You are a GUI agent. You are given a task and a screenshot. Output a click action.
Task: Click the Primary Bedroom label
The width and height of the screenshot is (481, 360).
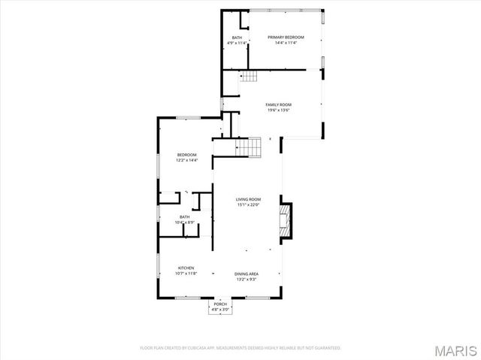pos(286,37)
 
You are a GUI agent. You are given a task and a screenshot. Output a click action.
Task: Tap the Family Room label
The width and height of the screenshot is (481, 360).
pos(279,104)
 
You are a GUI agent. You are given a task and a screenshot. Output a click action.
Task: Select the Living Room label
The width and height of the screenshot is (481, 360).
pos(247,199)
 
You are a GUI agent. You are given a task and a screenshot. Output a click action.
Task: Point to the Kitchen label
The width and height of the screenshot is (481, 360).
pos(186,268)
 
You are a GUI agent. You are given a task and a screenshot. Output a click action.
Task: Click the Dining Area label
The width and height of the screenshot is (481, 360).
pos(247,274)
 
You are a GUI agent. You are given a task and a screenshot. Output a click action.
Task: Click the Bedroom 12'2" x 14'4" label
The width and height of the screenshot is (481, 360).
pos(186,155)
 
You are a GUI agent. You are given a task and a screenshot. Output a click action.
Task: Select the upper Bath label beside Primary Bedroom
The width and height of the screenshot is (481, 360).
pos(237,38)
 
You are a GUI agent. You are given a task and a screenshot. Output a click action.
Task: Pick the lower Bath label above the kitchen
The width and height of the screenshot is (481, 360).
pos(184,216)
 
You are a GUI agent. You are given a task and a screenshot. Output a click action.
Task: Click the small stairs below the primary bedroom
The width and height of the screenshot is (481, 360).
pos(249,76)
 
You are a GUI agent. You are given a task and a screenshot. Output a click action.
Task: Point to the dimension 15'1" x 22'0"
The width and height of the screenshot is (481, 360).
pos(247,205)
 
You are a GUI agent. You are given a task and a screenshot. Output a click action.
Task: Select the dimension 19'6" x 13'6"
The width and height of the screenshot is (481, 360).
pos(279,110)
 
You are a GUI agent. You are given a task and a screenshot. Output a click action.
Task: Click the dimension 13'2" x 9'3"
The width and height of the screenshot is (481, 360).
pos(247,280)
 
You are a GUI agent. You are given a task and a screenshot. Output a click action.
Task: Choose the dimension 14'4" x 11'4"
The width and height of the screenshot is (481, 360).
pos(286,43)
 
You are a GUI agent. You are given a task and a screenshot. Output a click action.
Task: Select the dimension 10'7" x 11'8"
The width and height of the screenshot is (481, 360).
pos(186,274)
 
